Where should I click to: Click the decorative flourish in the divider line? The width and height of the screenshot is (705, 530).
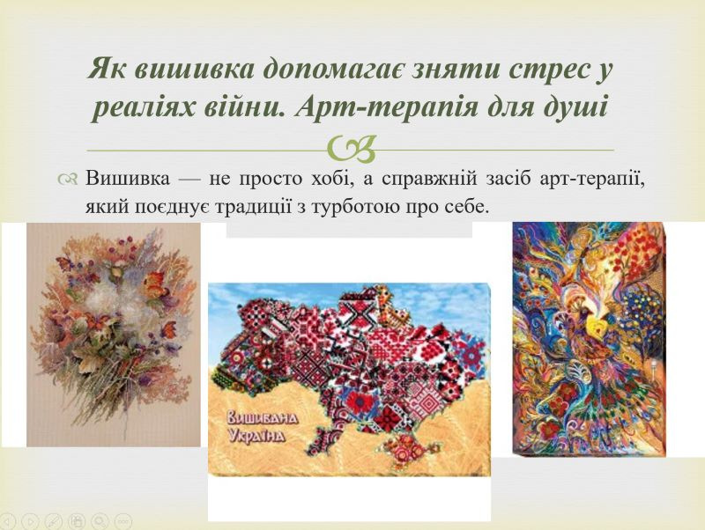pyautogui.click(x=352, y=148)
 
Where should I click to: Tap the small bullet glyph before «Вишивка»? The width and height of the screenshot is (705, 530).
pyautogui.click(x=68, y=179)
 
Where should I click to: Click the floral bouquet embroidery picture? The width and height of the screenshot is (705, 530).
pyautogui.click(x=114, y=335)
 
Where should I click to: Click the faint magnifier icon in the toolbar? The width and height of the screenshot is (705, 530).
pyautogui.click(x=100, y=521)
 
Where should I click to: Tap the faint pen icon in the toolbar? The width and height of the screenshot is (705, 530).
pyautogui.click(x=53, y=521)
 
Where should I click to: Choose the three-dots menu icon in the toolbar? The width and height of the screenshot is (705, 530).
pyautogui.click(x=123, y=521)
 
